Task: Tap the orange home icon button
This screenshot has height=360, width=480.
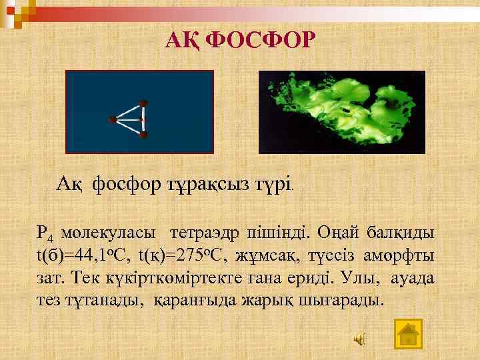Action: pyautogui.click(x=408, y=333)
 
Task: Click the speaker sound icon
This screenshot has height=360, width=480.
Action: pyautogui.click(x=359, y=339)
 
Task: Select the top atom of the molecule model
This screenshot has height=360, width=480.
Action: pyautogui.click(x=143, y=104)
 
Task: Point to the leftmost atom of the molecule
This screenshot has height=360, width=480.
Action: pyautogui.click(x=113, y=120)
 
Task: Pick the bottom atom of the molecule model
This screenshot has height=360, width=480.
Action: pyautogui.click(x=143, y=135)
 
